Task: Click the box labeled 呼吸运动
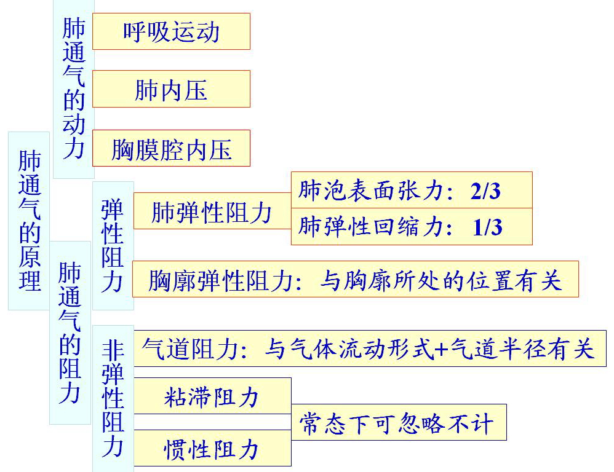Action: point(171,31)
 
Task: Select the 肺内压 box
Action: point(171,89)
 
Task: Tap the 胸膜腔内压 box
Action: point(171,148)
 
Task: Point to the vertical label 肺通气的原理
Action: point(29,221)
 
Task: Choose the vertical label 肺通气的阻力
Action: point(70,332)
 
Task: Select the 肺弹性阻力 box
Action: point(212,212)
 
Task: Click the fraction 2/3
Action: point(485,192)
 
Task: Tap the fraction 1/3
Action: point(487,228)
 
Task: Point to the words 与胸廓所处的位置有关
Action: point(441,281)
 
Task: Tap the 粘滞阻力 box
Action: point(212,397)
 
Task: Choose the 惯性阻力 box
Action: point(212,449)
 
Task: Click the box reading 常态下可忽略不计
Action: point(397,423)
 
